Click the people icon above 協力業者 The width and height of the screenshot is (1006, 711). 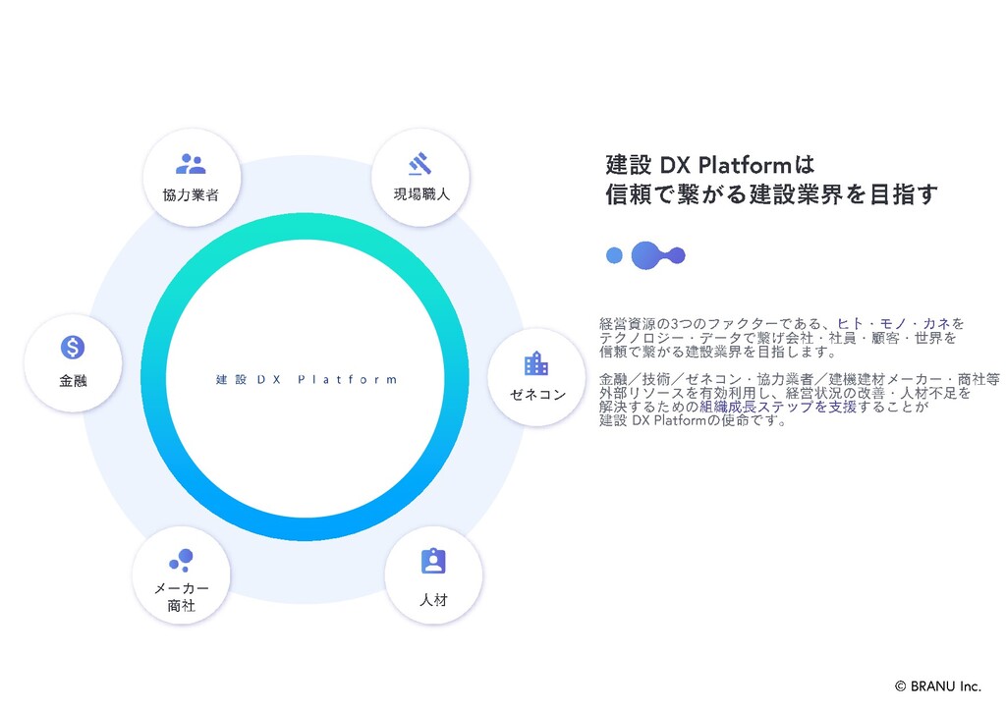(x=191, y=164)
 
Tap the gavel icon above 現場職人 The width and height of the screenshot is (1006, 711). (x=420, y=163)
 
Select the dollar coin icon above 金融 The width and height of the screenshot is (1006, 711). (x=73, y=347)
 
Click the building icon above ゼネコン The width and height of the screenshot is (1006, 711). (x=536, y=364)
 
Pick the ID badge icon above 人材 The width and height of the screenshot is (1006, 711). (x=433, y=561)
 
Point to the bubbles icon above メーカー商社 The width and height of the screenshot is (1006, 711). (x=181, y=560)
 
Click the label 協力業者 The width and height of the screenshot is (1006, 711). (x=191, y=194)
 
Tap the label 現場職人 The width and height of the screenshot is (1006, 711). (x=421, y=194)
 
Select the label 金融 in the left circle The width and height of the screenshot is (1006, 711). (x=73, y=380)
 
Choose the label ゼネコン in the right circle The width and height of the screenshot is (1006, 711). (x=537, y=395)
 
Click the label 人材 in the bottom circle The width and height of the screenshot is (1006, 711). (x=433, y=599)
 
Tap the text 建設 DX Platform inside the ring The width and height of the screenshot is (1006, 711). (x=307, y=380)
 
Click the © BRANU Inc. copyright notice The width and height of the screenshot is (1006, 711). (x=937, y=686)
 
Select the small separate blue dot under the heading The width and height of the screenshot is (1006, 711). (x=615, y=255)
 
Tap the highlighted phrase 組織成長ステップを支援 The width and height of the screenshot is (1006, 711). (x=778, y=407)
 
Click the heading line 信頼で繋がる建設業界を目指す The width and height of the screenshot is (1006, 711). (x=771, y=194)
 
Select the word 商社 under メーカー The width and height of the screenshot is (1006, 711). (x=182, y=606)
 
